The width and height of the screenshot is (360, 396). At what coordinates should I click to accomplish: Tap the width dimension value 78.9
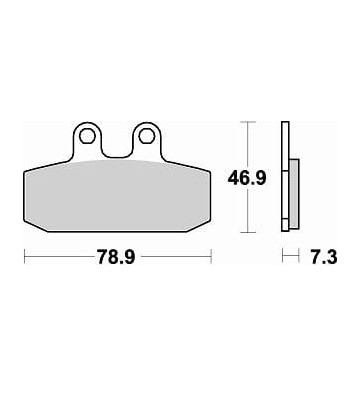point(116,257)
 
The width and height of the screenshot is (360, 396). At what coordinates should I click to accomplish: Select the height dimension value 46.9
point(247,178)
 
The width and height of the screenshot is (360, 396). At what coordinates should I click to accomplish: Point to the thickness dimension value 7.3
point(324,257)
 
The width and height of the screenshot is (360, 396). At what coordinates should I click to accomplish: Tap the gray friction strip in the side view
point(294,194)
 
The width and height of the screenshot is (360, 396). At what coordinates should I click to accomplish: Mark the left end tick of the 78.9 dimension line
point(25,256)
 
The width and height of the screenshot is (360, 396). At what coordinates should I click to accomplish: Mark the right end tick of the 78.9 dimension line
point(211,256)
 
